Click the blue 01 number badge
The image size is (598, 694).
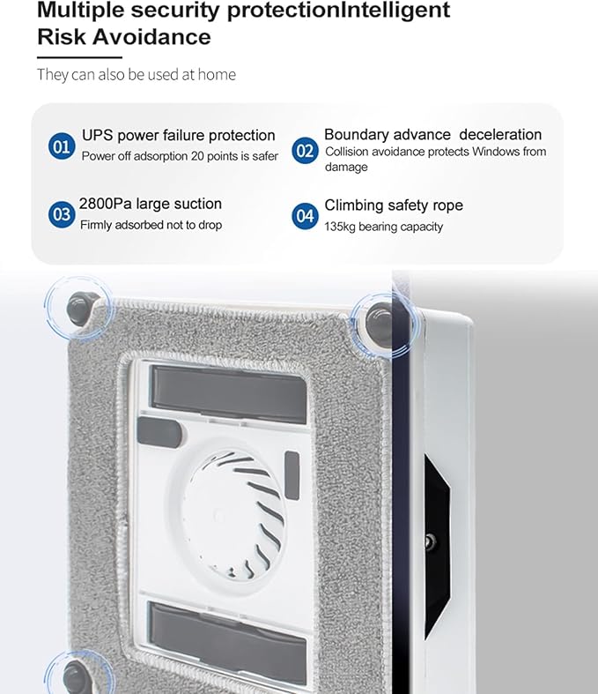pos(62,146)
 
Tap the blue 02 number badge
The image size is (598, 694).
pos(305,151)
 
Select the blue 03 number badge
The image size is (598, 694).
pos(62,214)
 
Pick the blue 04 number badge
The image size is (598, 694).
pos(305,216)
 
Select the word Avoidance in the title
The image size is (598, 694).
pos(152,36)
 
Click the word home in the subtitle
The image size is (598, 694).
pos(217,74)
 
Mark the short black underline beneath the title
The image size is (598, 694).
pos(79,57)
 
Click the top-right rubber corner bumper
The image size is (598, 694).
pos(380,325)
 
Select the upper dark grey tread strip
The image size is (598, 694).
pos(228,394)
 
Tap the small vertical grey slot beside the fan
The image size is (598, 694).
pos(292,476)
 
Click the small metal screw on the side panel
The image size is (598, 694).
pos(429,541)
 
